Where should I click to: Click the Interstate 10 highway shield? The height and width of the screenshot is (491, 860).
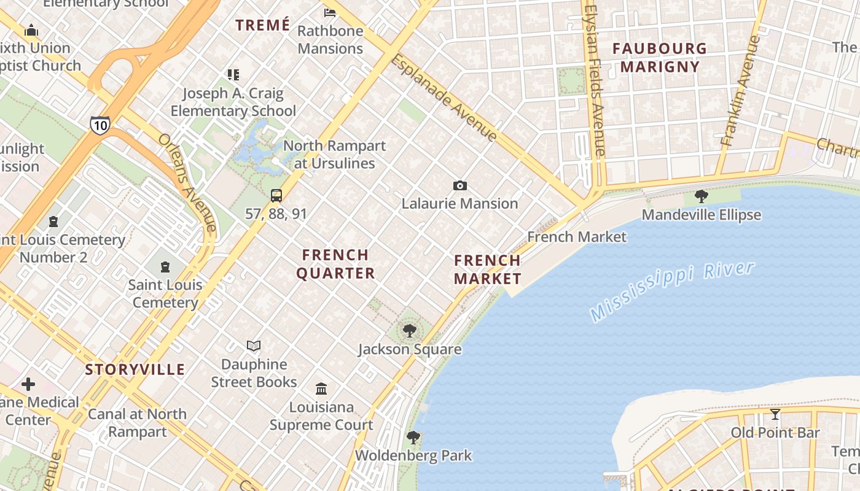click(x=100, y=125)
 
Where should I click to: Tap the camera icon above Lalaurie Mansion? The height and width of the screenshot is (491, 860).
click(x=459, y=186)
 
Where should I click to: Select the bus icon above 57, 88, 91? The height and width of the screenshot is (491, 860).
click(x=276, y=196)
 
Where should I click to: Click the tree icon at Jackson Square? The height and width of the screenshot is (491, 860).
click(x=409, y=331)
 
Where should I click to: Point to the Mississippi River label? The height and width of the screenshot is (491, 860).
click(x=671, y=291)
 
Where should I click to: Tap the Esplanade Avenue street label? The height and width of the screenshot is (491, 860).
click(x=444, y=98)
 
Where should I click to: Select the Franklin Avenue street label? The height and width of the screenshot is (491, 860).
click(x=741, y=90)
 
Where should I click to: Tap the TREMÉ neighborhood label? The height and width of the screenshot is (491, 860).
click(x=263, y=25)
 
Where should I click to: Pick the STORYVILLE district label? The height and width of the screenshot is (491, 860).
click(x=135, y=369)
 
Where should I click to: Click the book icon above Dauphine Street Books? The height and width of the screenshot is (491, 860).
click(x=254, y=346)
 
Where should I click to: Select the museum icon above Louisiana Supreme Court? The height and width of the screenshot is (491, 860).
click(x=321, y=389)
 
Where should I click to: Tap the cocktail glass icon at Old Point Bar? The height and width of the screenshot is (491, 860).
click(x=775, y=414)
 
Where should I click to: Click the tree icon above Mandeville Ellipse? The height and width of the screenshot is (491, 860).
click(x=701, y=196)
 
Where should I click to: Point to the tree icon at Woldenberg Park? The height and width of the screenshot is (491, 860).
click(x=413, y=438)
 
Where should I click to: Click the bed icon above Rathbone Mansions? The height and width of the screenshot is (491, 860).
click(x=330, y=12)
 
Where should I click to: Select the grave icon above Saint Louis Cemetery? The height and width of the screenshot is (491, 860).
click(x=165, y=267)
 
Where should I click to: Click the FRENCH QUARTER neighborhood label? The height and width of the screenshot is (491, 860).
click(x=335, y=264)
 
